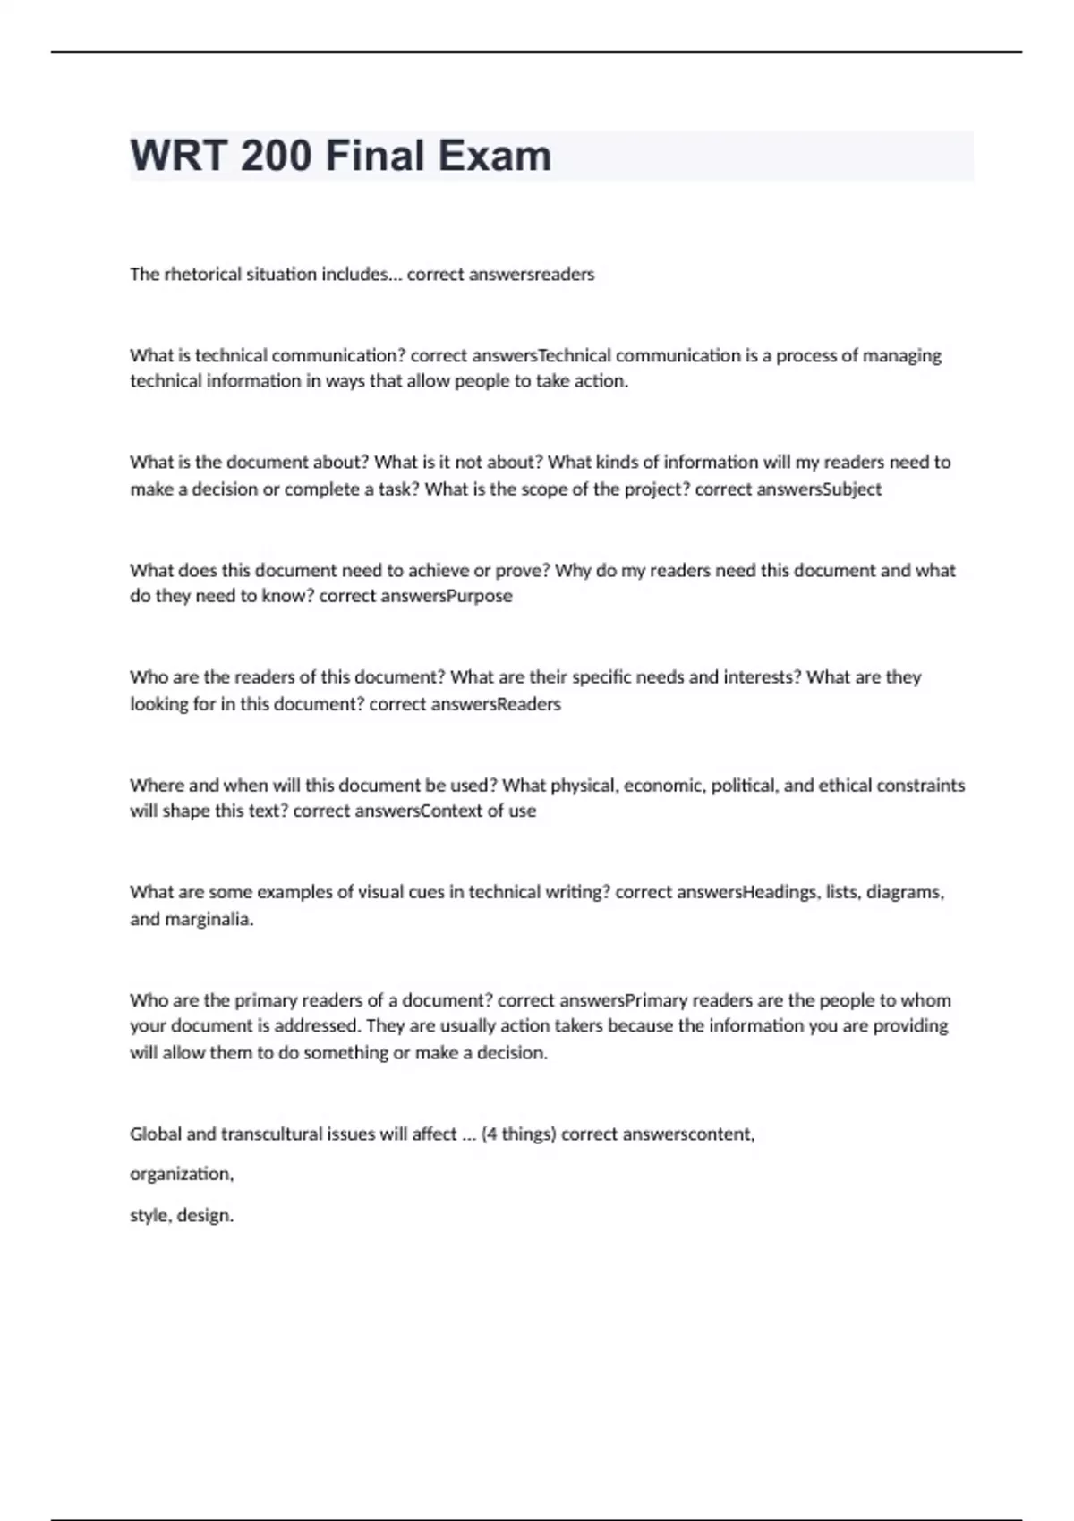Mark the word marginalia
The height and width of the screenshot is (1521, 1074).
click(209, 919)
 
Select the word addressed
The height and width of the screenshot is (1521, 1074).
click(318, 1026)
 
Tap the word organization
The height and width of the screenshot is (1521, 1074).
click(182, 1174)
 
